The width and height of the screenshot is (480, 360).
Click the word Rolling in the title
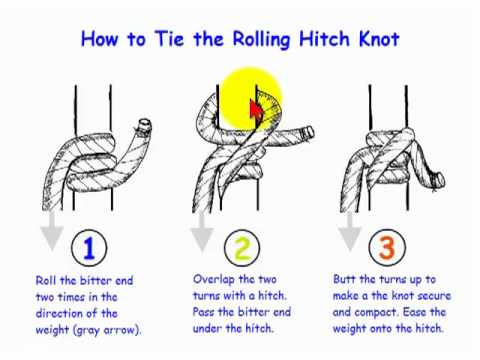tap(261, 40)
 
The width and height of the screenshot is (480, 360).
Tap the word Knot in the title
tap(379, 39)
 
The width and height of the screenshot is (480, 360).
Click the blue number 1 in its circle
tap(89, 248)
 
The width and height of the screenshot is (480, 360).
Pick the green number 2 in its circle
tap(242, 248)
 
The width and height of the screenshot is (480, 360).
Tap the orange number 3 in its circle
tap(387, 248)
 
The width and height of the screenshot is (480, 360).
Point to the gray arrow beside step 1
tap(52, 231)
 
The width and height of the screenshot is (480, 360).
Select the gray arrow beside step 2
tap(202, 231)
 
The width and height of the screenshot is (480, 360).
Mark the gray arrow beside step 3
tap(349, 231)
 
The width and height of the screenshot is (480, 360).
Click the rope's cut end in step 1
tap(145, 125)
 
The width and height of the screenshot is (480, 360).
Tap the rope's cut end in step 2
tap(308, 132)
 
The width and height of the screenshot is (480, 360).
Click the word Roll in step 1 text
tap(46, 280)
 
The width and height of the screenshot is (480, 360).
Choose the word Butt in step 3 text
tap(344, 279)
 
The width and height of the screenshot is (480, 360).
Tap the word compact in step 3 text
tap(376, 313)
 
